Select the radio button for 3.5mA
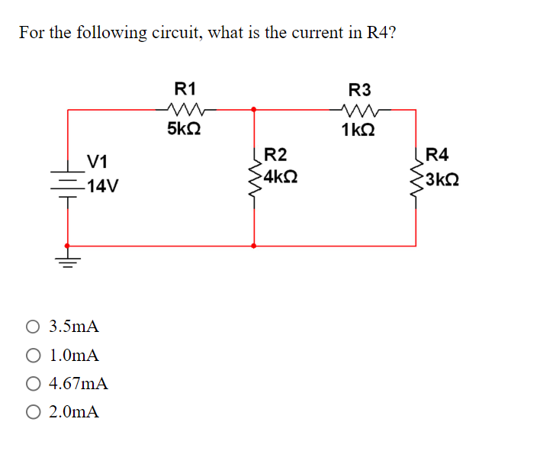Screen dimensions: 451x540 (x=33, y=327)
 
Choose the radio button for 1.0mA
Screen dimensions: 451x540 (x=33, y=356)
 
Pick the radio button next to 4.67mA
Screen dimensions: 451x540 (x=33, y=384)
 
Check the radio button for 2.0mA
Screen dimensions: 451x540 (x=33, y=412)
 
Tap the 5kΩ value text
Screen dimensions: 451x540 (x=184, y=128)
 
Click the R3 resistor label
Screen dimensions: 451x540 (x=358, y=88)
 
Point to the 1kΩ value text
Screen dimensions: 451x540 (x=358, y=128)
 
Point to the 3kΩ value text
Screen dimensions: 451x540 (x=442, y=180)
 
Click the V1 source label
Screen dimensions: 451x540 (x=97, y=161)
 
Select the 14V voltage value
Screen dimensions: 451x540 (x=101, y=185)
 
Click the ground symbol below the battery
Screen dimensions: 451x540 (x=69, y=263)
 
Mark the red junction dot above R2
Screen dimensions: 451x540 (x=254, y=109)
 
